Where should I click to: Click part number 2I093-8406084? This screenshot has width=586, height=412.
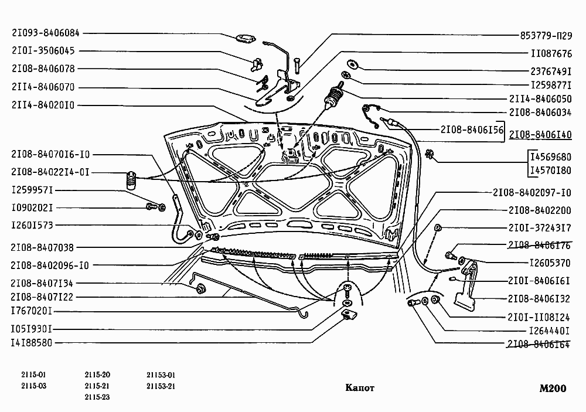(45, 33)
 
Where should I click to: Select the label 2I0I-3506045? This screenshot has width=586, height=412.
(43, 51)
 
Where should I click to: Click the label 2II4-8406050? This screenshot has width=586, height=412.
(540, 99)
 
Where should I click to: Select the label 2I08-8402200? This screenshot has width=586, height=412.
(539, 210)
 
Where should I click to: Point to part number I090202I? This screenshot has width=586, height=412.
(32, 208)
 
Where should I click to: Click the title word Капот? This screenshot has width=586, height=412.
(359, 388)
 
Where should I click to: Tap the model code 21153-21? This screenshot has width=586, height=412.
(161, 386)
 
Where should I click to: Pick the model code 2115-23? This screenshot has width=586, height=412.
(97, 397)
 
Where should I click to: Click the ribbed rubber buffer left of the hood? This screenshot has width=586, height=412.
(130, 181)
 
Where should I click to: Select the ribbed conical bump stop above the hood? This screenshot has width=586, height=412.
(333, 97)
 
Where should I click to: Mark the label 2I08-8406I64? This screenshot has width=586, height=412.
(539, 344)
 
